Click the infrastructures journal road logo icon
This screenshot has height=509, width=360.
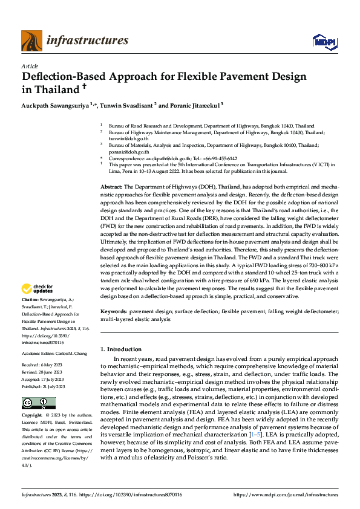click(31, 41)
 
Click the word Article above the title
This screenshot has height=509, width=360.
click(30, 66)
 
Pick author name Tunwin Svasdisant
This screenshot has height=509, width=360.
click(126, 105)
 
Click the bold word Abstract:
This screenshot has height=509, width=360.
click(111, 188)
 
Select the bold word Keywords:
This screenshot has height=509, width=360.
click(113, 311)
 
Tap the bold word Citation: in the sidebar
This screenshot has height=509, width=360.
click(30, 299)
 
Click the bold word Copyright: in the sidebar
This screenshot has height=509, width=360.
click(32, 416)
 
